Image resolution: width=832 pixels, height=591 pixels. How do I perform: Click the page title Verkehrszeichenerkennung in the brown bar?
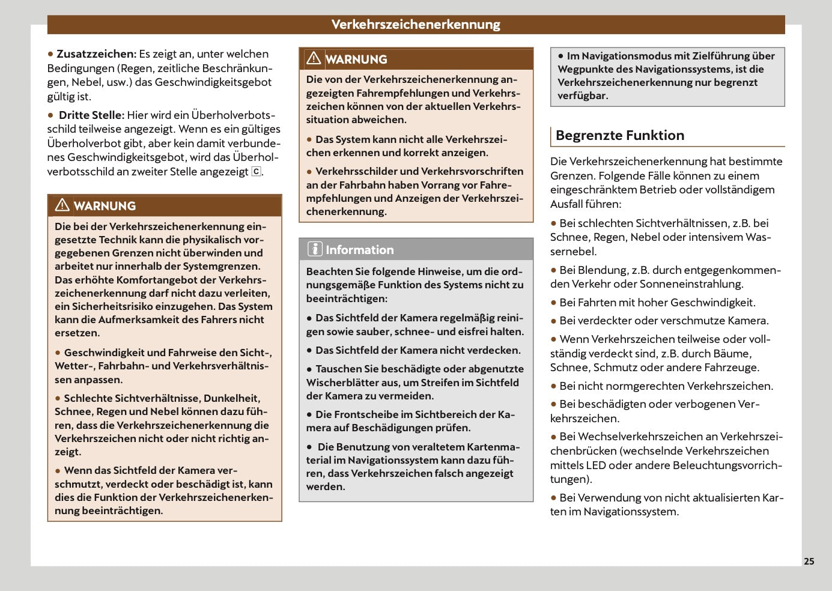tap(416, 25)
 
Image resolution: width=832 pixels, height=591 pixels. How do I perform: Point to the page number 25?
tap(809, 561)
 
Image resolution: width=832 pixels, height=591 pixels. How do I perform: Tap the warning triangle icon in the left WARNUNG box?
tap(62, 205)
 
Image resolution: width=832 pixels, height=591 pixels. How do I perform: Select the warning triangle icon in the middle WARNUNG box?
tap(314, 58)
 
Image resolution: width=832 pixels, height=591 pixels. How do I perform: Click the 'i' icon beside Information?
tap(315, 249)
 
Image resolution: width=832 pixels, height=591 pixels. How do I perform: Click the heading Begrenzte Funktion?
tap(620, 135)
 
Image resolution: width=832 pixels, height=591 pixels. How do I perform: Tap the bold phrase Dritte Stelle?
tap(91, 115)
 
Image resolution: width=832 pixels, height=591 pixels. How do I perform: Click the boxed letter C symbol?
tap(256, 172)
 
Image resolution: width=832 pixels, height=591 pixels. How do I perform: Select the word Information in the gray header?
tap(360, 250)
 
